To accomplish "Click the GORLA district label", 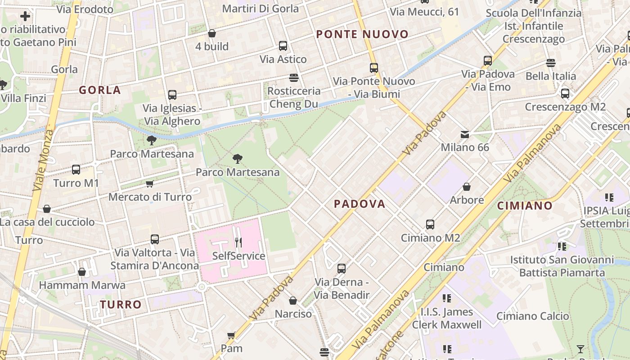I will click(100, 90).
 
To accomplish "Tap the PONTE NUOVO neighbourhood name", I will click(362, 34).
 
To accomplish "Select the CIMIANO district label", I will click(525, 206).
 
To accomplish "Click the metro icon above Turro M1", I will click(76, 170).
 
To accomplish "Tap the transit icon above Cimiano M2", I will click(430, 224).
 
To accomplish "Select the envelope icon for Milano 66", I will click(464, 134).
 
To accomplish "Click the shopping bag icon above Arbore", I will click(467, 187).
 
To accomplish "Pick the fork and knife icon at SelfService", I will click(238, 243).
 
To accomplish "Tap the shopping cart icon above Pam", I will click(231, 335).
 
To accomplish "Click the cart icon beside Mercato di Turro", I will click(149, 184).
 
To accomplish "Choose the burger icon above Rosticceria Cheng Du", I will click(294, 78).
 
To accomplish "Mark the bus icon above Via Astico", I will click(283, 46).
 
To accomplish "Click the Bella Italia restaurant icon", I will click(551, 63).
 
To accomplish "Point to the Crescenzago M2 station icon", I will click(565, 94).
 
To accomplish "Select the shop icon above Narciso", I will click(293, 301).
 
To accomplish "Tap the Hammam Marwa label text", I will click(82, 285).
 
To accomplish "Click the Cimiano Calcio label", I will click(533, 316).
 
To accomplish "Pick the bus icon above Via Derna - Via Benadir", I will click(342, 269).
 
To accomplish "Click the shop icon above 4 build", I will click(211, 33).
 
